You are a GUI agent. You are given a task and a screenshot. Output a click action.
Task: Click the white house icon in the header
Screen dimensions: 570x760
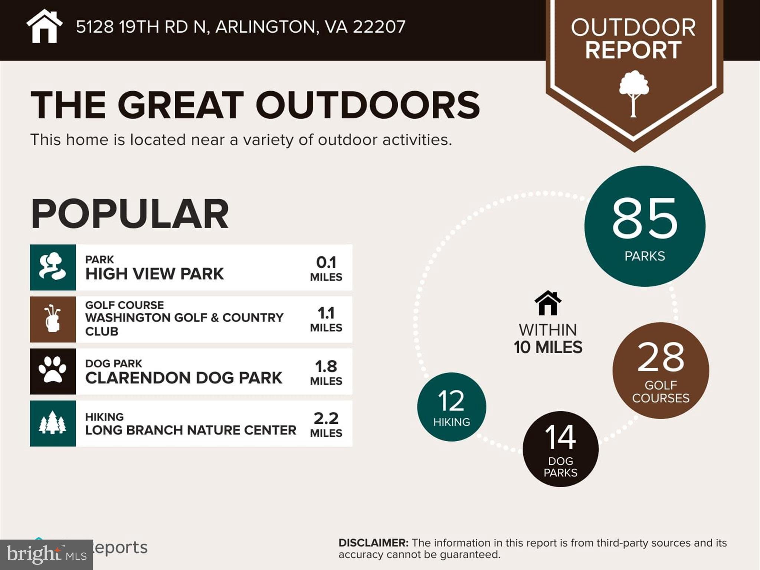tap(44, 26)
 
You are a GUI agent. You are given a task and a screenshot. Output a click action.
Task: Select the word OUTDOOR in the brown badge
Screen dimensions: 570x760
tap(633, 27)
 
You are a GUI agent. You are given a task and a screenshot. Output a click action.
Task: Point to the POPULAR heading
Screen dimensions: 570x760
tap(130, 214)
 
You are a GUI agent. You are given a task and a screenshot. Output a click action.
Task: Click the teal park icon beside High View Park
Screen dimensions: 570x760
tap(53, 267)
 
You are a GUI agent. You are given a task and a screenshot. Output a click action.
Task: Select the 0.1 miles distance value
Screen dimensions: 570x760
tap(326, 262)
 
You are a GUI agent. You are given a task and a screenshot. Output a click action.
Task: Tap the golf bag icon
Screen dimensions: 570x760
tap(53, 319)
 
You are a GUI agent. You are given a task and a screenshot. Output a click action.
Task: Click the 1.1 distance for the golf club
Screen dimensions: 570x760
tap(326, 313)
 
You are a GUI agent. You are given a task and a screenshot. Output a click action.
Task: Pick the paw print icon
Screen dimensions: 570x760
tap(53, 371)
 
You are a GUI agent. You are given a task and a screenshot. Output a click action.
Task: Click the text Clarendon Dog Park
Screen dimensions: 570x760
tap(184, 378)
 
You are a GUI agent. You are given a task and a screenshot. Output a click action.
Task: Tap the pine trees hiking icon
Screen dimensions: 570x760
tap(53, 423)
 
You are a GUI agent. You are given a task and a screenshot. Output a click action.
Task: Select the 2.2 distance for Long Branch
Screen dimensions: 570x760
tap(326, 419)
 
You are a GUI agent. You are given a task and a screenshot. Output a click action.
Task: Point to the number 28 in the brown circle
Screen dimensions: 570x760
tap(661, 357)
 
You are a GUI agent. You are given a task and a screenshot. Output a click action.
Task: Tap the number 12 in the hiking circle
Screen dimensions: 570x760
tap(451, 401)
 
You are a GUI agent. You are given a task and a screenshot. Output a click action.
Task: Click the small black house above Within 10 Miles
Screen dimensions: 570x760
tap(548, 303)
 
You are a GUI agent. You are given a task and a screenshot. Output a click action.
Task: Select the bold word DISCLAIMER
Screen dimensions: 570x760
tap(373, 543)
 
